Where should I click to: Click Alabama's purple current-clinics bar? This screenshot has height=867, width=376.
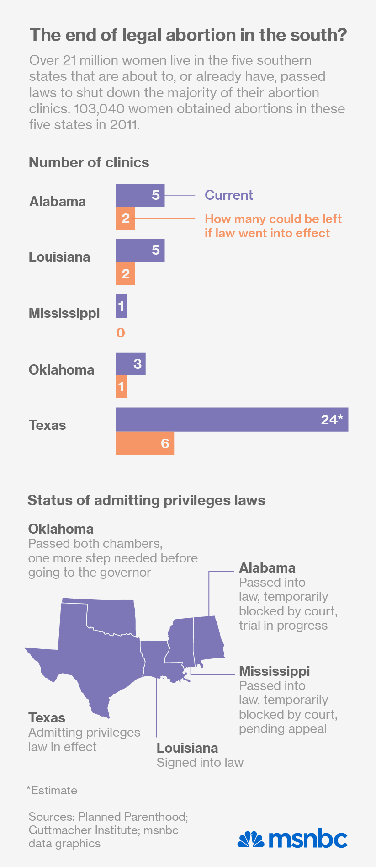[140, 195]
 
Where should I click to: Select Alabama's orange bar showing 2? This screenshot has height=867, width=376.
[126, 218]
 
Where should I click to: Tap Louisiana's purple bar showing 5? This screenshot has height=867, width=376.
[140, 251]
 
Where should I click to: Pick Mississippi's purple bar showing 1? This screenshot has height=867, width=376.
[121, 306]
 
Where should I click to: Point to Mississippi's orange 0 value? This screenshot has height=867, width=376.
[121, 332]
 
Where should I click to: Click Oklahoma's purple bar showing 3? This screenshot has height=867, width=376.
[131, 364]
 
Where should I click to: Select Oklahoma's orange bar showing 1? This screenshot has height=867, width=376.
[121, 387]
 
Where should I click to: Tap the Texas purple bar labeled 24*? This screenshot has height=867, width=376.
[232, 419]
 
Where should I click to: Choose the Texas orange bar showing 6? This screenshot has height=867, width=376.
[145, 443]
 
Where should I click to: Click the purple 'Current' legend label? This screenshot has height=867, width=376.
[228, 195]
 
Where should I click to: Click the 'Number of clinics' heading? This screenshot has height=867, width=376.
[89, 162]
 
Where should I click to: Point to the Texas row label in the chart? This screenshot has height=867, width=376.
[48, 425]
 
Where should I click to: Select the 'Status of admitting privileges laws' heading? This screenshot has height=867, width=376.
[146, 500]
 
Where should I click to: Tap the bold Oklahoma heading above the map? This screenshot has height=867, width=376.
[61, 529]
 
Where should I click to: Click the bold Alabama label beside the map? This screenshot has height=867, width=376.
[267, 568]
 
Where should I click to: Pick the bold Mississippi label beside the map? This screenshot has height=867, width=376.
[274, 671]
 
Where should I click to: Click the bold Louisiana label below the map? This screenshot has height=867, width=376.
[187, 748]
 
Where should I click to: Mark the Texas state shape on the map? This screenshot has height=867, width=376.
[96, 658]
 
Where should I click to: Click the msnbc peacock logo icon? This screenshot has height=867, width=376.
[251, 839]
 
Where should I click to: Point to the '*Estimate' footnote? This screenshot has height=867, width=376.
[52, 790]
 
